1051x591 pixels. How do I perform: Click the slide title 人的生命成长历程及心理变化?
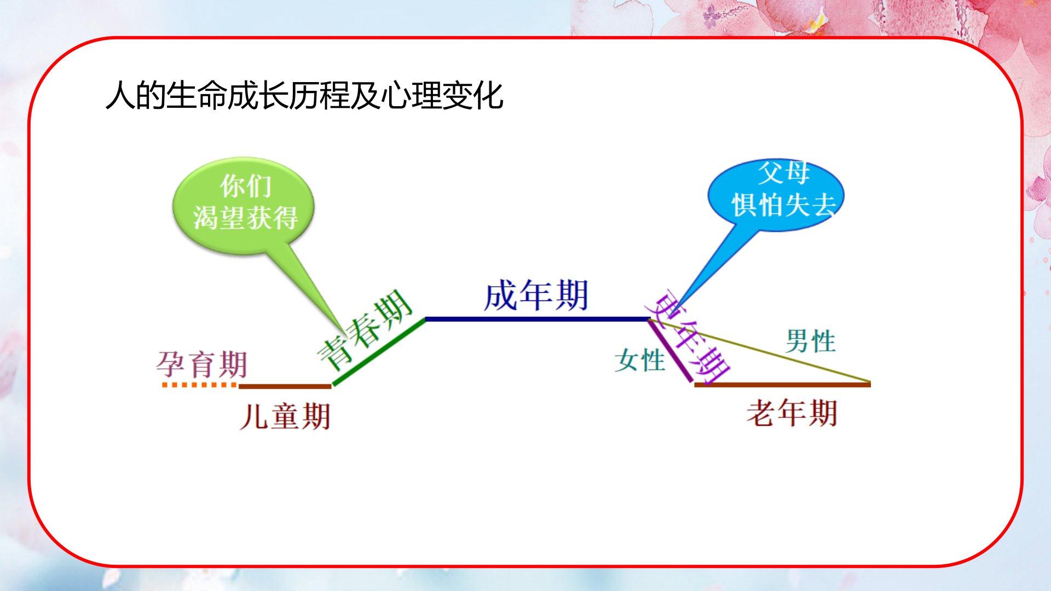304,96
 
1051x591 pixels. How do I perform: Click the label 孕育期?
202,364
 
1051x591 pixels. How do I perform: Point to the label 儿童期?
285,416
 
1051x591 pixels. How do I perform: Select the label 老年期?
792,413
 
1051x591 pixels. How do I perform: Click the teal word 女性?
639,361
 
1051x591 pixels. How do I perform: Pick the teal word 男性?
811,341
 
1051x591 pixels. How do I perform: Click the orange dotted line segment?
200,385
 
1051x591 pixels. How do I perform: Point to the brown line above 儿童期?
285,386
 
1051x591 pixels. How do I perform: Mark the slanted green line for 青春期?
379,352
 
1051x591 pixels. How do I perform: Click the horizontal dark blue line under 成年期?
536,318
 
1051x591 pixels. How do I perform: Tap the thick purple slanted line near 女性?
669,350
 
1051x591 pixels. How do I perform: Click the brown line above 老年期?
783,385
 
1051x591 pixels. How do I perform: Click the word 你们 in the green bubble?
246,187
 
